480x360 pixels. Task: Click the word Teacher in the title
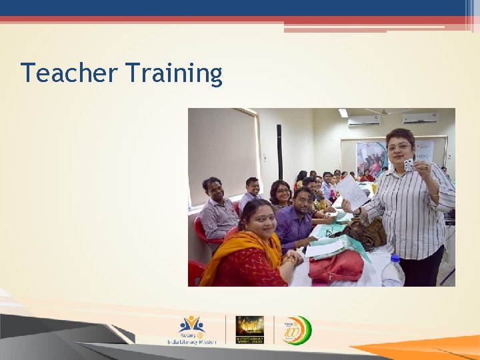coord(64,73)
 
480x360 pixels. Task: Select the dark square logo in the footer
coord(249,329)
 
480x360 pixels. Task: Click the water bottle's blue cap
coord(393,258)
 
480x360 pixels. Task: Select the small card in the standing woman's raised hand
coord(409,164)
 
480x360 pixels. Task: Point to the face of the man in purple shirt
coord(303,201)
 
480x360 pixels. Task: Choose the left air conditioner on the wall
coord(364,121)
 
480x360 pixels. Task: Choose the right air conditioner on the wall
coord(420,119)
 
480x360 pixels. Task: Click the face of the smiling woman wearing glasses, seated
coord(282,193)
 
